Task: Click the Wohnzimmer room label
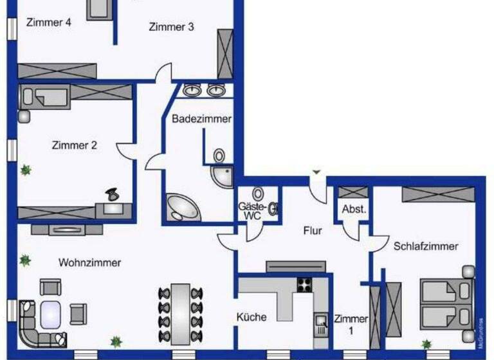pyautogui.click(x=90, y=262)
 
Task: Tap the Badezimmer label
pyautogui.click(x=201, y=118)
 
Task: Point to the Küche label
pyautogui.click(x=252, y=317)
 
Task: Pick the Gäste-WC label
pyautogui.click(x=252, y=211)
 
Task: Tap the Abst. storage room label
pyautogui.click(x=354, y=209)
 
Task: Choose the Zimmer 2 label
pyautogui.click(x=74, y=145)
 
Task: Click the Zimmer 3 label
pyautogui.click(x=171, y=27)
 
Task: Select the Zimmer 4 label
pyautogui.click(x=48, y=22)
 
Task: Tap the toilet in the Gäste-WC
pyautogui.click(x=259, y=194)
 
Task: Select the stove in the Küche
pyautogui.click(x=304, y=283)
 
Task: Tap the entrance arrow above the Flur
pyautogui.click(x=316, y=172)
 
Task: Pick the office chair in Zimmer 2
pyautogui.click(x=112, y=192)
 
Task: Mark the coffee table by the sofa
pyautogui.click(x=50, y=314)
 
